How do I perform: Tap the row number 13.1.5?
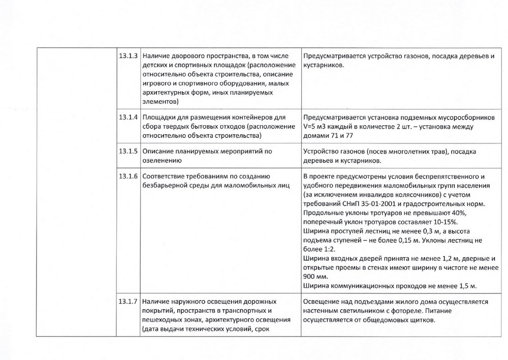[x=129, y=151]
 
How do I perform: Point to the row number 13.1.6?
[x=129, y=176]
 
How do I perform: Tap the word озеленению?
[x=162, y=160]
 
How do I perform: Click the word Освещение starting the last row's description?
[x=322, y=302]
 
